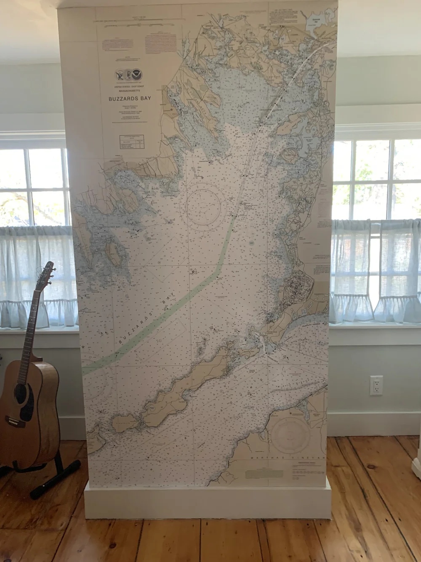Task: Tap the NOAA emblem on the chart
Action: point(136,75)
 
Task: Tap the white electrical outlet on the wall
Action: point(376,385)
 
